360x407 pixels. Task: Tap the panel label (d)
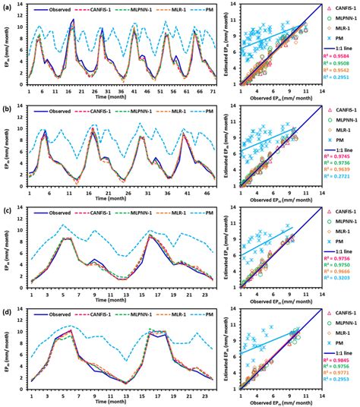coord(6,311)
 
